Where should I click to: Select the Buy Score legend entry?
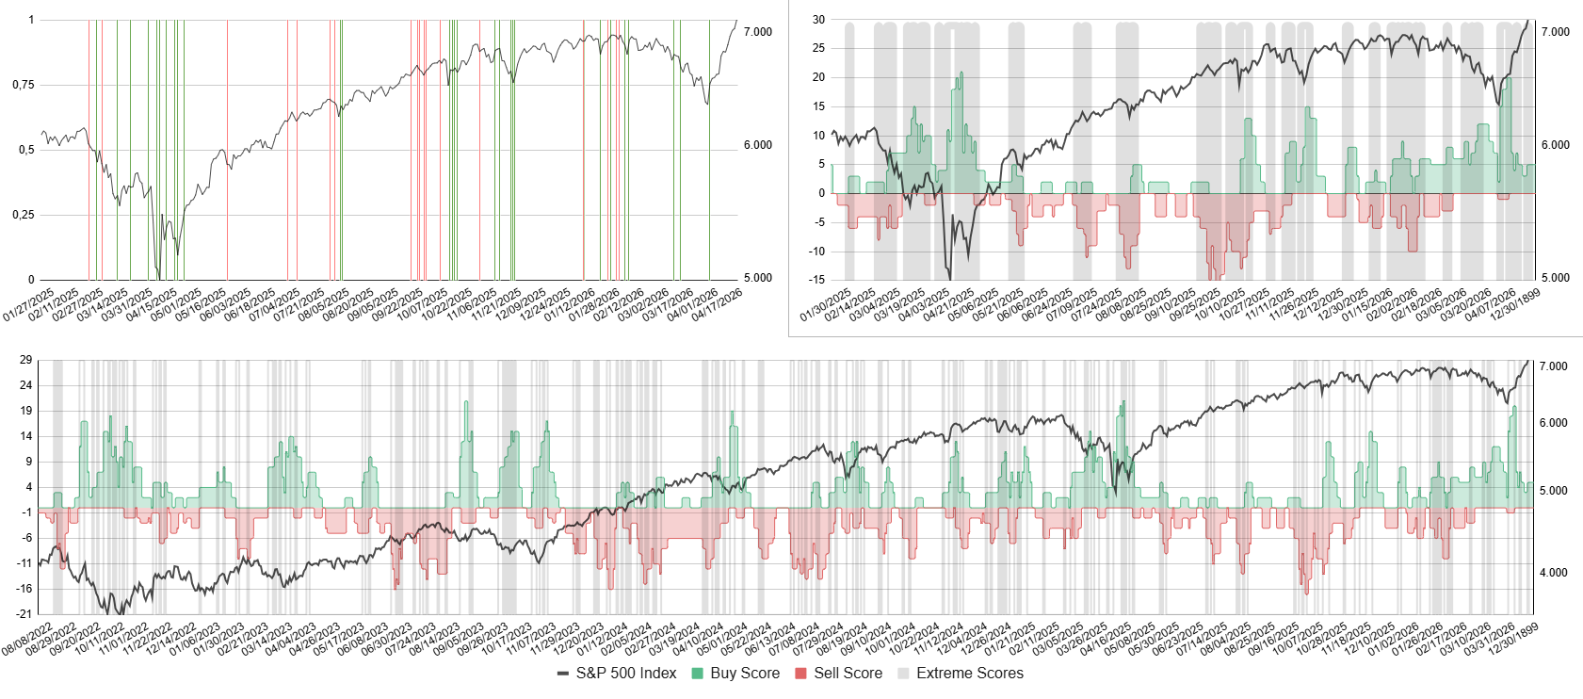[735, 674]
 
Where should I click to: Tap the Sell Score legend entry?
[839, 674]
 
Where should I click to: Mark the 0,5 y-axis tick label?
[26, 150]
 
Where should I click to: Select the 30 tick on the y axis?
[818, 20]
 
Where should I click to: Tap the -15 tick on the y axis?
[817, 280]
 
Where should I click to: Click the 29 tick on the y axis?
[25, 360]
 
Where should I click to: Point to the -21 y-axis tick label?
[24, 614]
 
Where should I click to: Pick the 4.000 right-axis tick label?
[1554, 573]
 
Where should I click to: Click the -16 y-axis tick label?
[24, 589]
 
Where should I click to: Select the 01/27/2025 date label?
[28, 305]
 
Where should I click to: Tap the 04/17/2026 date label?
[718, 305]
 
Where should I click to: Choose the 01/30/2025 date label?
[826, 305]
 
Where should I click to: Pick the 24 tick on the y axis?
[25, 385]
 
